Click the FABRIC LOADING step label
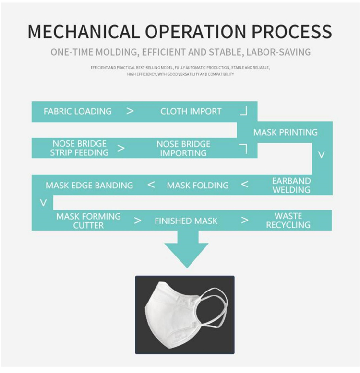click(x=77, y=111)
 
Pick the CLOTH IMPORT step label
click(x=191, y=111)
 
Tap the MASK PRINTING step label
click(x=286, y=132)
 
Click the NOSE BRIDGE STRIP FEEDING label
click(x=80, y=148)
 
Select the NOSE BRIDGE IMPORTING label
click(x=183, y=149)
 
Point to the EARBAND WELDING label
click(x=291, y=185)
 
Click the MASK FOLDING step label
click(x=198, y=185)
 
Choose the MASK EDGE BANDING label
click(x=89, y=185)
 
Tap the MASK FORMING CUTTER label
click(x=88, y=221)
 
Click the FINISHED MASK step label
click(x=186, y=221)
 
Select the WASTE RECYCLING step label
click(x=288, y=221)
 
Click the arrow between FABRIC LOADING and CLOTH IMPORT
click(x=130, y=111)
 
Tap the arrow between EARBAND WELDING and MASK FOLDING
click(x=245, y=185)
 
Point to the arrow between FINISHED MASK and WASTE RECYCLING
click(x=245, y=221)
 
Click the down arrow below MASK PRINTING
click(x=322, y=155)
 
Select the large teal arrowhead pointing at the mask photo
click(x=186, y=254)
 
